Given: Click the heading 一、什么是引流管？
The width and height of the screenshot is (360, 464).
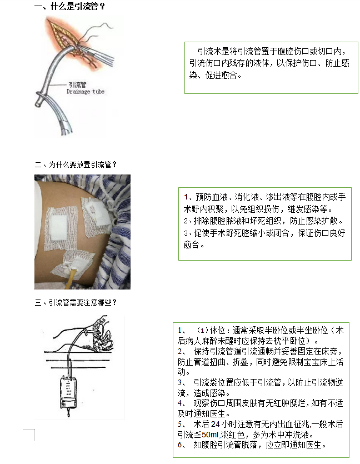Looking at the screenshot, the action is click(69, 6).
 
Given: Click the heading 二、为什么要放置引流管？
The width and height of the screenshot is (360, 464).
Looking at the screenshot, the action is click(76, 164).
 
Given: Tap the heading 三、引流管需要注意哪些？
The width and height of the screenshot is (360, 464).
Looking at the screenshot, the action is click(76, 302).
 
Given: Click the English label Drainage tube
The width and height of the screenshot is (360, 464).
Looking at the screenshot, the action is click(85, 92).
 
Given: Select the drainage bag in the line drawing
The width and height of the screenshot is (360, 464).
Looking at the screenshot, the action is click(68, 392).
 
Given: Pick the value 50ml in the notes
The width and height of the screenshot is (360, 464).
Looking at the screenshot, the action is click(211, 435).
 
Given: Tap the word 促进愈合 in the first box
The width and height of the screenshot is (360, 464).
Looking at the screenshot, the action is click(221, 75).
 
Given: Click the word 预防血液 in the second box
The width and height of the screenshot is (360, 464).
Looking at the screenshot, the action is click(212, 197).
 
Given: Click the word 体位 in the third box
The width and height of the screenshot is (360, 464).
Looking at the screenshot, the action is click(217, 330).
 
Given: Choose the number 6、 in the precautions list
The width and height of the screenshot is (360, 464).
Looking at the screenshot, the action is click(182, 445).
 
